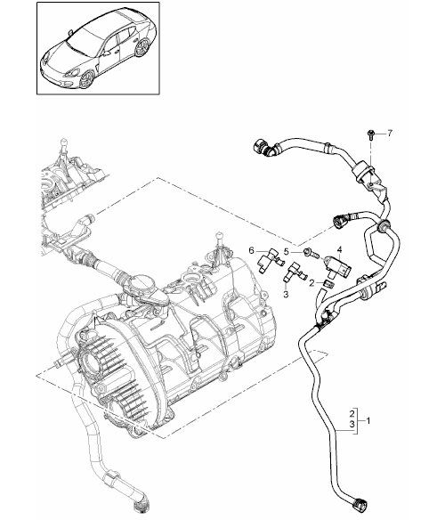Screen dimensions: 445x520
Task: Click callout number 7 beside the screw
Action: (390, 133)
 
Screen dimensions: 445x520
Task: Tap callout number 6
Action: (251, 250)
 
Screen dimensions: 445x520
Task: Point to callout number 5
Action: (287, 252)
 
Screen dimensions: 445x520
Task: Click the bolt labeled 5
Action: (311, 254)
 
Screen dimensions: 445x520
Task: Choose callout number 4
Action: (339, 248)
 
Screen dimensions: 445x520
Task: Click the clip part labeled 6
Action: (271, 261)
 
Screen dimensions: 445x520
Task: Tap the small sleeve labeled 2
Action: (328, 283)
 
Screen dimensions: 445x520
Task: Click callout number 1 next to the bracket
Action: (368, 421)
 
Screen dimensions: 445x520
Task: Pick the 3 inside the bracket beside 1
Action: (352, 424)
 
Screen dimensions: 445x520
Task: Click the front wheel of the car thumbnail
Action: (87, 79)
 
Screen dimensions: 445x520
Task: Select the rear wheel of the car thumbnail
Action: (142, 47)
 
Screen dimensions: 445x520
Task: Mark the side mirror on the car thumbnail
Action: (107, 53)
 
